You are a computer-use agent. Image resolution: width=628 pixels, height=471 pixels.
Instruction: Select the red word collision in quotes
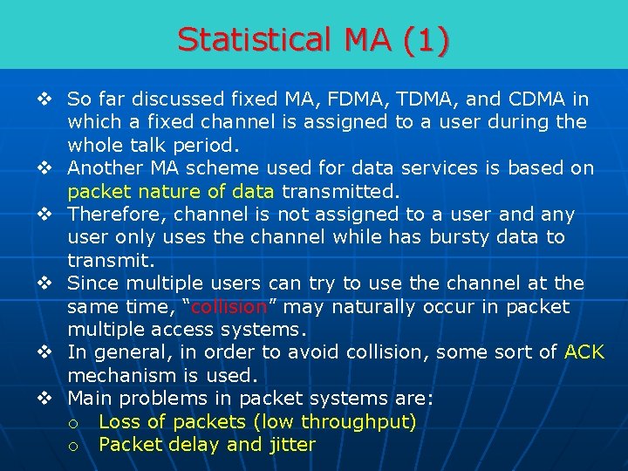(229, 307)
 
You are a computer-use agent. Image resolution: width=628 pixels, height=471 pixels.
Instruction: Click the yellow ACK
(584, 352)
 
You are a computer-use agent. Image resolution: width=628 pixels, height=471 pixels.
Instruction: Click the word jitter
(292, 445)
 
